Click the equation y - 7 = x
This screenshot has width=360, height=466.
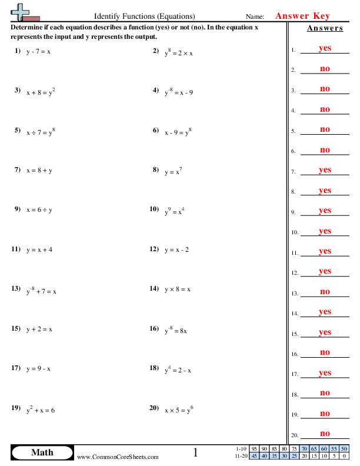(x=38, y=52)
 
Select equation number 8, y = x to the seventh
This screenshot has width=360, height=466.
(x=174, y=171)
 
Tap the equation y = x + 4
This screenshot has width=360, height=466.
(x=39, y=249)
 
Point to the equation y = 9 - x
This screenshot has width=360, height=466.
(x=38, y=369)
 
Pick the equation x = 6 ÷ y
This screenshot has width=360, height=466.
(x=39, y=210)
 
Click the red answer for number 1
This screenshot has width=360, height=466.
(x=325, y=49)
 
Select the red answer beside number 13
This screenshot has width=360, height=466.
(x=325, y=291)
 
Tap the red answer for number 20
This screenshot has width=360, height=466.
(x=325, y=433)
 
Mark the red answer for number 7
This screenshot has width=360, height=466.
(x=325, y=170)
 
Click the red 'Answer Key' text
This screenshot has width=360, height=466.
(x=302, y=16)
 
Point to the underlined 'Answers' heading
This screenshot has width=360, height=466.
(x=325, y=28)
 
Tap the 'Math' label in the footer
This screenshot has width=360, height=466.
(x=42, y=452)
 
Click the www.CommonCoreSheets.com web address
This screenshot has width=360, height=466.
(x=118, y=457)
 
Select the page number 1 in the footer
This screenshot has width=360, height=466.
(x=196, y=452)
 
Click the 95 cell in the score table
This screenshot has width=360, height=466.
(x=254, y=449)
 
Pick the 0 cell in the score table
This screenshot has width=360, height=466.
(x=343, y=455)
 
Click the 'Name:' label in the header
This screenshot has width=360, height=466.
(x=255, y=17)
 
